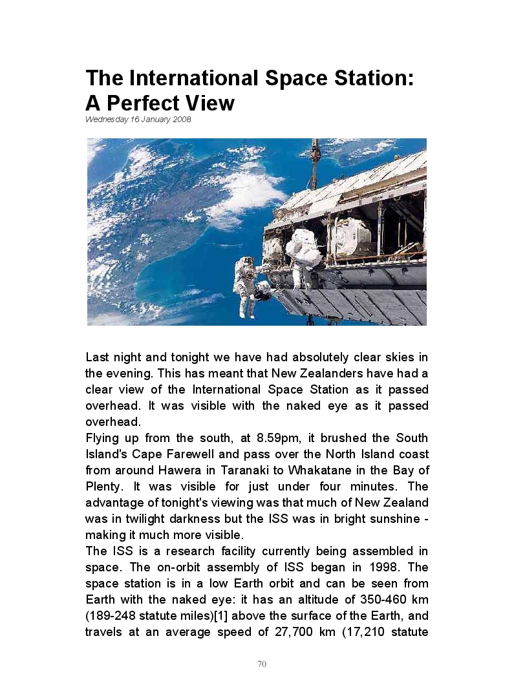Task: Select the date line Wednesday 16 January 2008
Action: click(x=138, y=120)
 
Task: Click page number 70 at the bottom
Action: click(x=262, y=664)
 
